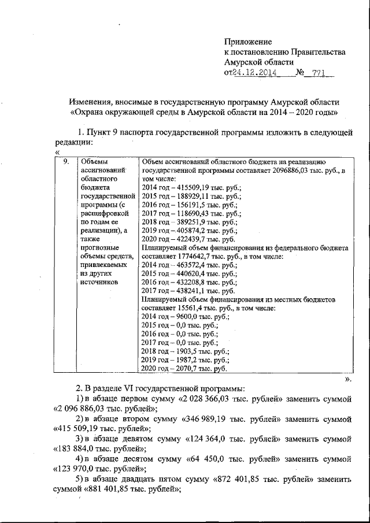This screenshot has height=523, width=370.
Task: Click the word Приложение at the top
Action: [x=248, y=42]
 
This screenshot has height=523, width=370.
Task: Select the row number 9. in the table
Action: [x=68, y=162]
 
